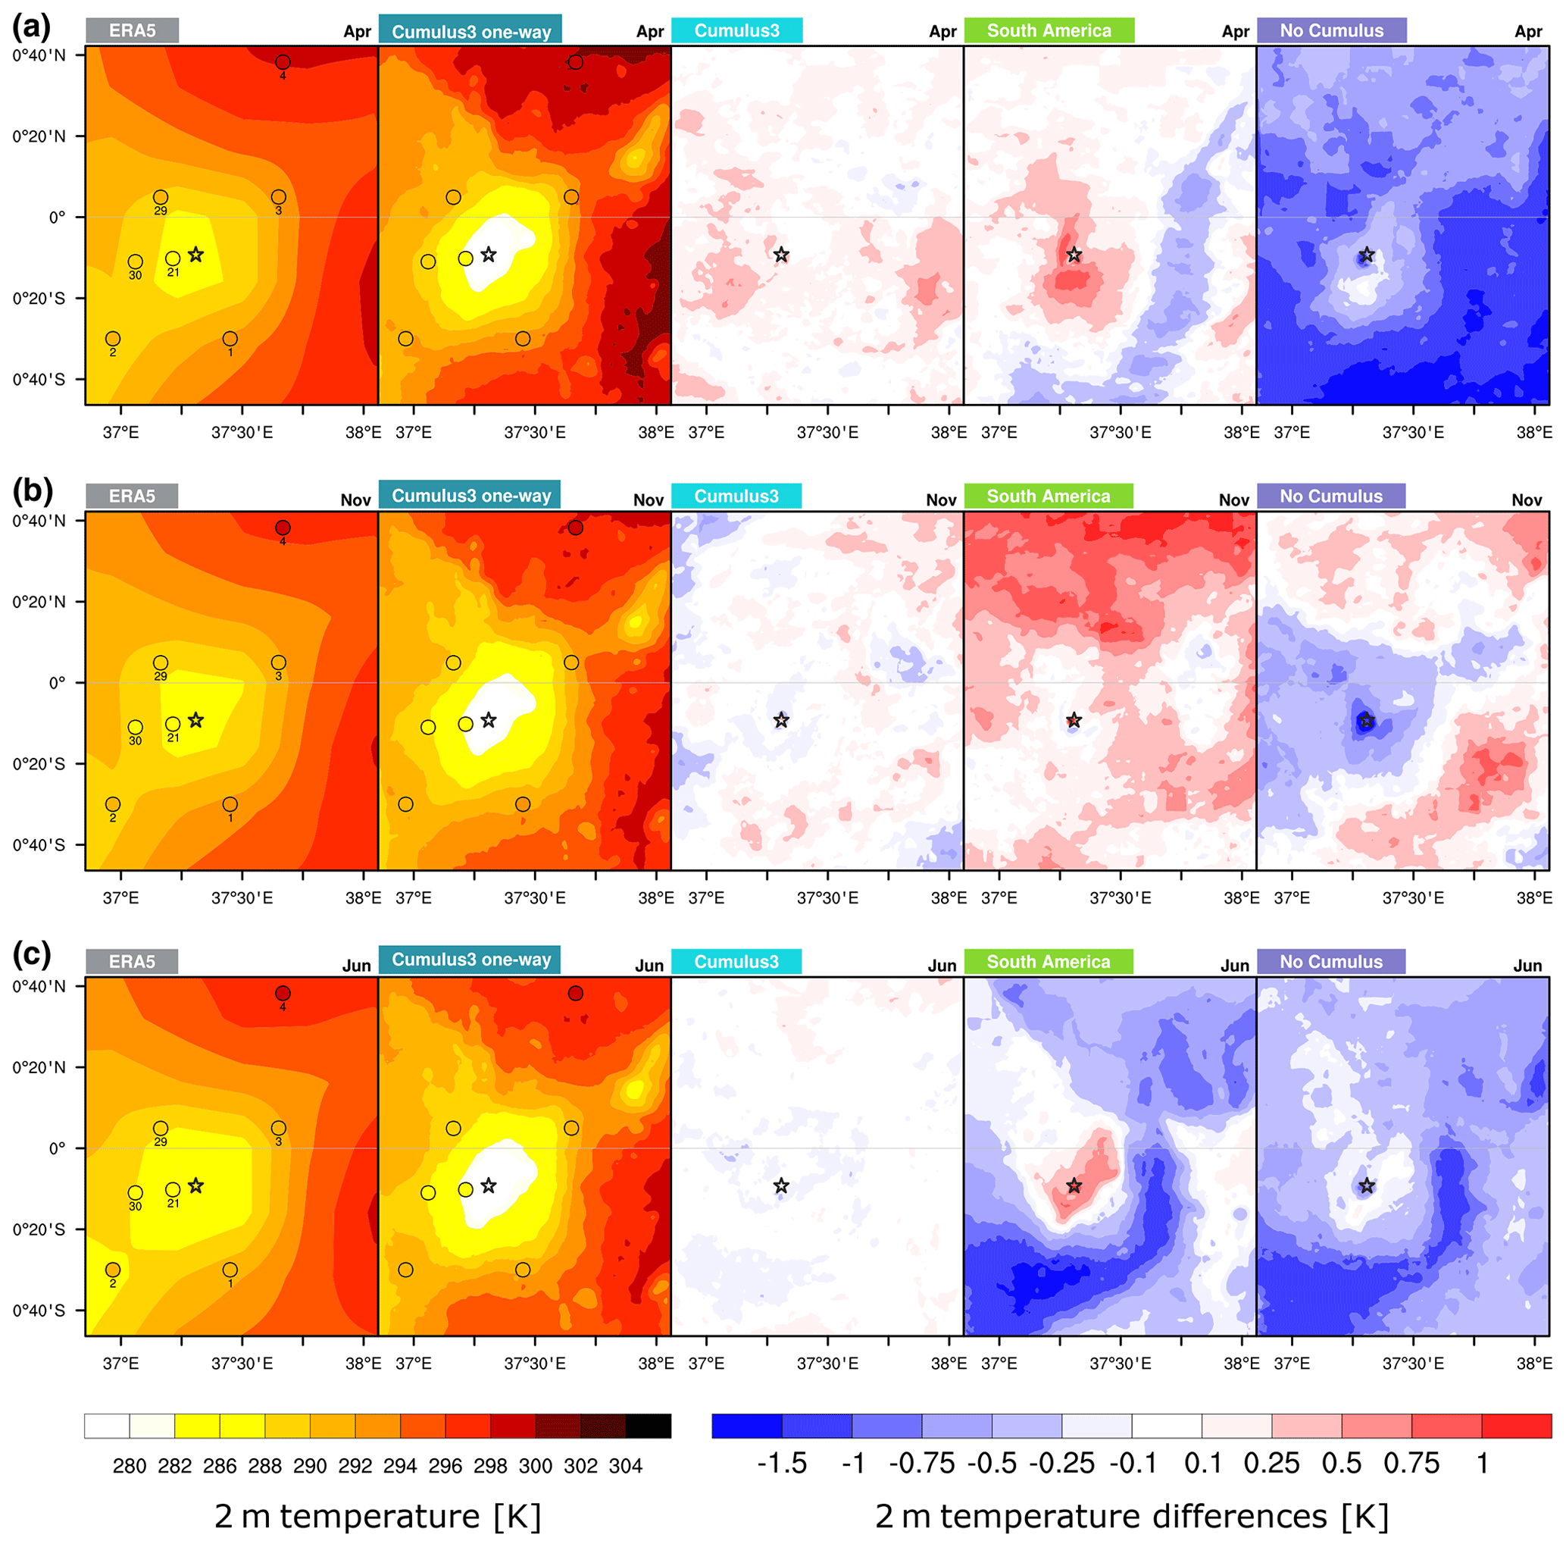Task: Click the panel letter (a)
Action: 32,27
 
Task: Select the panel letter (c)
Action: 32,955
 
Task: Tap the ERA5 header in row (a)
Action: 132,31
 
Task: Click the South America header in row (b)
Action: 1048,496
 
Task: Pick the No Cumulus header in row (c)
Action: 1331,962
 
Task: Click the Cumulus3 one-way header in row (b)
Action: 471,496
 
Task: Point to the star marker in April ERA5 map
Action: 195,255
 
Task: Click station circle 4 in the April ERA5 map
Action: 283,62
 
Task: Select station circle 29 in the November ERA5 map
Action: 161,663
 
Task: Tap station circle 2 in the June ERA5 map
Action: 113,1270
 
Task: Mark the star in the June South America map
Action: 1074,1186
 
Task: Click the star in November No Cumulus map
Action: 1367,721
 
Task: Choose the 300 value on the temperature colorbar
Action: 535,1466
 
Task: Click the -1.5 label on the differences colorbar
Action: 781,1464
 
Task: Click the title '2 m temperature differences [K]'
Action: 1132,1516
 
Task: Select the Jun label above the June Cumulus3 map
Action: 942,966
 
